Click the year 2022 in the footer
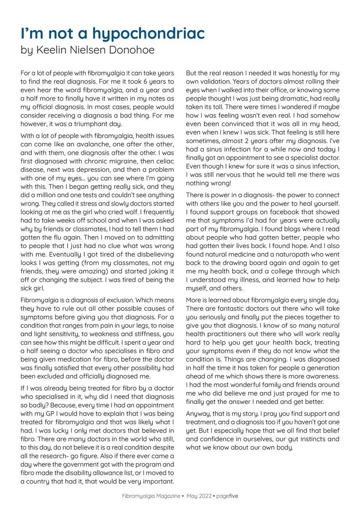coord(204,496)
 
